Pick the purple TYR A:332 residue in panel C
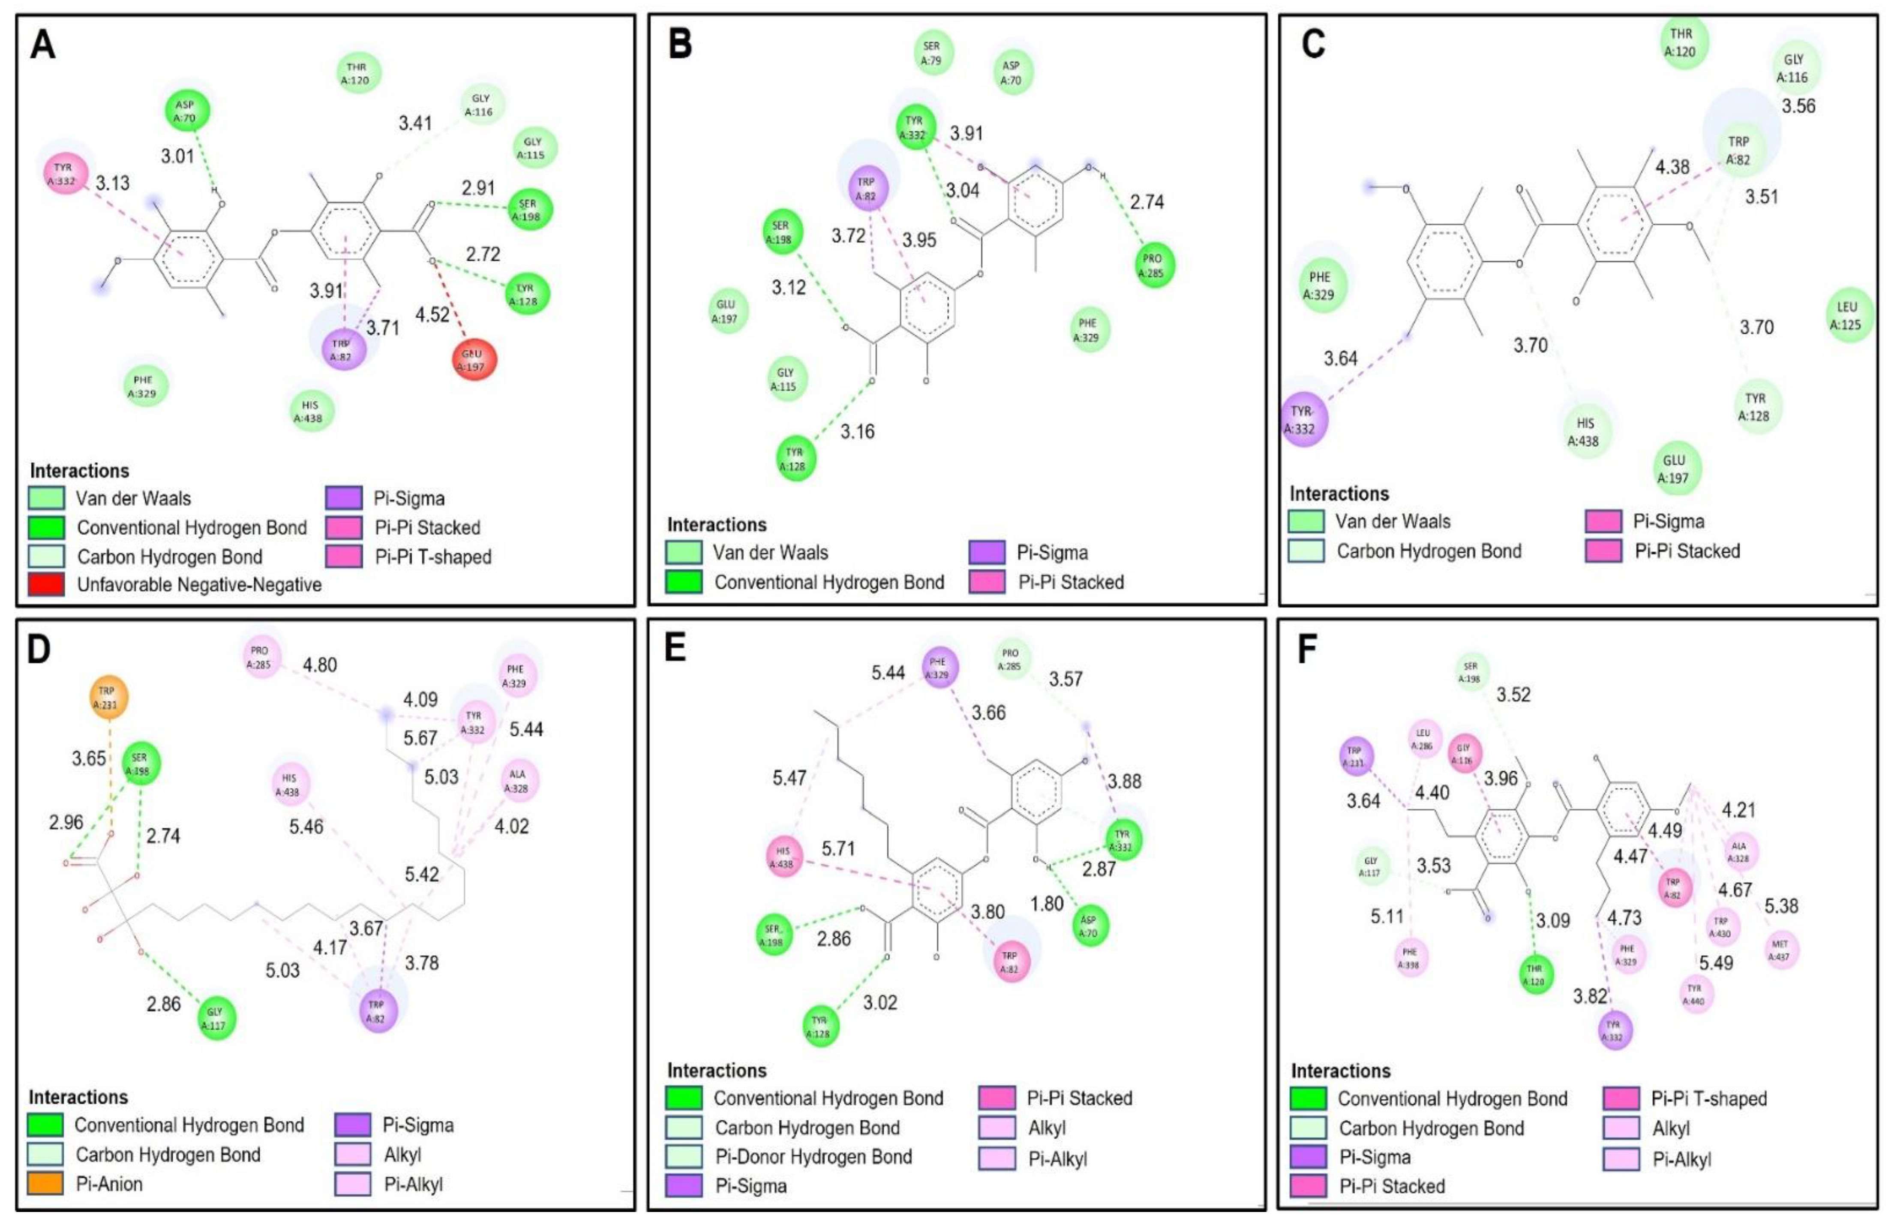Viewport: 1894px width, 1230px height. (x=1303, y=420)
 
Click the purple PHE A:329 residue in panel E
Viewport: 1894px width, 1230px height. (x=939, y=667)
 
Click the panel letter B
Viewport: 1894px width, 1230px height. (x=680, y=44)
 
